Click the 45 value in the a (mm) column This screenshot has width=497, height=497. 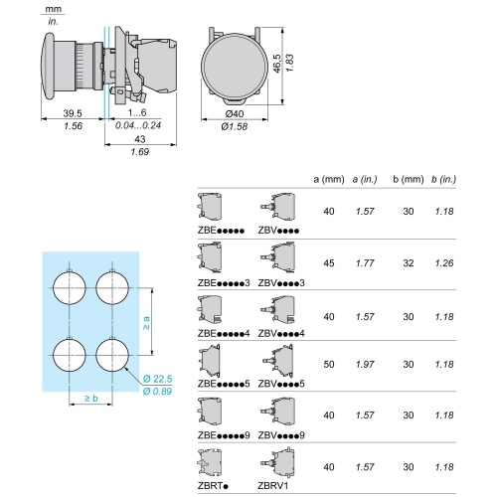point(329,263)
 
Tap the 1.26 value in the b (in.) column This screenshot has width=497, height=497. point(443,263)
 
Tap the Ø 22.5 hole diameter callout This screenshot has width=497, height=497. point(157,379)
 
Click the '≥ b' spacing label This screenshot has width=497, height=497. point(90,398)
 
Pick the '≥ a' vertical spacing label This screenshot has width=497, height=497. point(145,323)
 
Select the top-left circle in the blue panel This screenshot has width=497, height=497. point(69,289)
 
